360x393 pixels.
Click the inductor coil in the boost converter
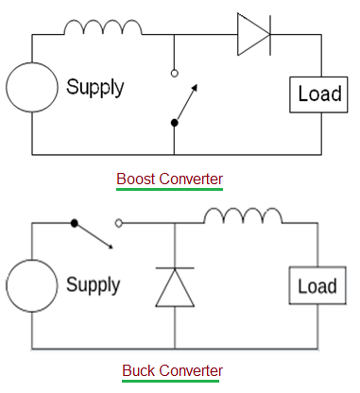[x=103, y=27]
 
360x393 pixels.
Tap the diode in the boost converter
[x=253, y=35]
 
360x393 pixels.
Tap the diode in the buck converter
[x=175, y=286]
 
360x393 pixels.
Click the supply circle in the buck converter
[x=32, y=285]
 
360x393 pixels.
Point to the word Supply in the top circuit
[x=94, y=88]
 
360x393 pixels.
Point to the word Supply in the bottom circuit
[x=93, y=284]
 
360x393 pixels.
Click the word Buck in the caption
[x=138, y=370]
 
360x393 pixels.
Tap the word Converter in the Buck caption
[x=190, y=370]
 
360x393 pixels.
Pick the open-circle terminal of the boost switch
[x=175, y=72]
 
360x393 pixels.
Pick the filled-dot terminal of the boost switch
[x=175, y=122]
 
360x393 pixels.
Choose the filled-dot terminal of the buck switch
[x=74, y=224]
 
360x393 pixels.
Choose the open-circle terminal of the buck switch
[x=119, y=224]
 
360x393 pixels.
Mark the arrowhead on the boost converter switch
[x=196, y=87]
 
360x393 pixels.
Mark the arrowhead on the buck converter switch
[x=111, y=247]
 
